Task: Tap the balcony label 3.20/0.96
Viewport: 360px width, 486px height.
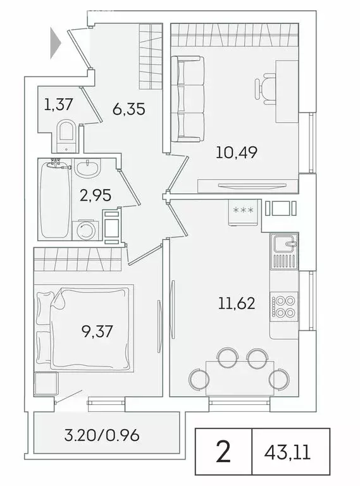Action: tap(102, 435)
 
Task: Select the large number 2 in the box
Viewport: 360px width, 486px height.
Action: tap(223, 452)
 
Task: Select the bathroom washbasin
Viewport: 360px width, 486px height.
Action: tap(87, 169)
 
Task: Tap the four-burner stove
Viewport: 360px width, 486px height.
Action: tap(283, 306)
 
